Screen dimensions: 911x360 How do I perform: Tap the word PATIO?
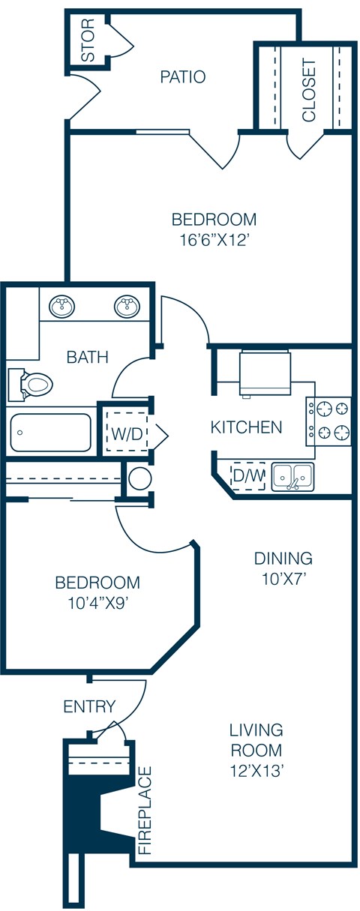coord(183,76)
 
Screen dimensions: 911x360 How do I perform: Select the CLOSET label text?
coord(309,90)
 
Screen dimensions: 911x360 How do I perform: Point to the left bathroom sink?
coord(61,306)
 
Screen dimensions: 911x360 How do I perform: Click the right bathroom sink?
coord(127,306)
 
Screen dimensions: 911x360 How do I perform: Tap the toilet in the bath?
coord(31,385)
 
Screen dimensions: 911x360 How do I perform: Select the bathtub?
coord(51,432)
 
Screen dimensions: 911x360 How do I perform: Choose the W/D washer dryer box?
coord(126,433)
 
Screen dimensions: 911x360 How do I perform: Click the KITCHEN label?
coord(246,427)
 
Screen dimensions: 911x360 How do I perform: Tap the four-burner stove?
coord(328,420)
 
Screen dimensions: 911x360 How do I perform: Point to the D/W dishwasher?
coord(247,475)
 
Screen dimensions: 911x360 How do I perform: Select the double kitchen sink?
coord(292,476)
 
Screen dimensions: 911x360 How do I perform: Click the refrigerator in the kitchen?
coord(264,373)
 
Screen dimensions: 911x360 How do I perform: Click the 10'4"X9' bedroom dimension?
coord(97,605)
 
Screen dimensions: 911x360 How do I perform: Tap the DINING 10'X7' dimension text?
coord(282,579)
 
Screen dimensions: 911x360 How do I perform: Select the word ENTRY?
coord(89,706)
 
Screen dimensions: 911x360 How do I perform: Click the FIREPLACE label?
coord(145,811)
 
